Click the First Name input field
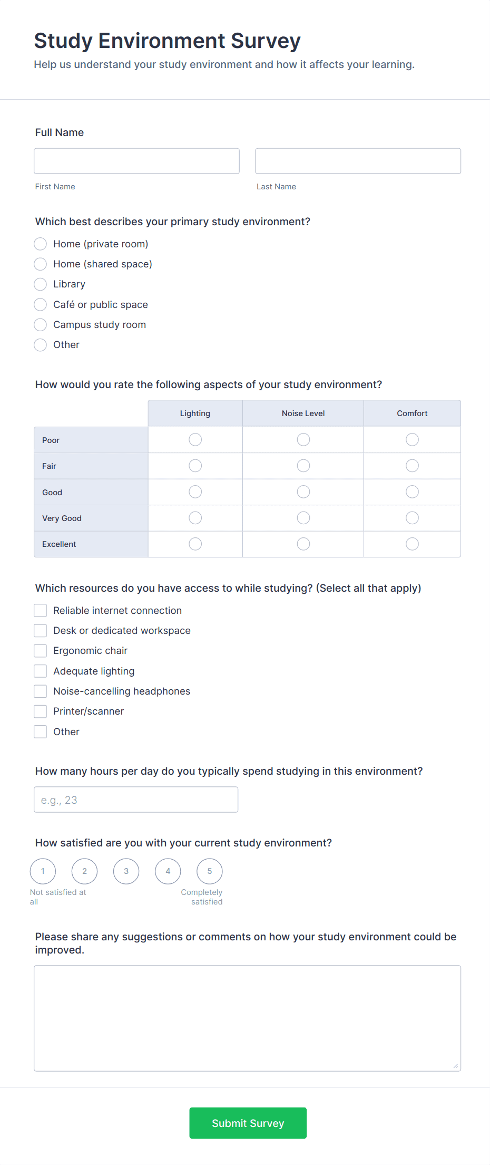(136, 161)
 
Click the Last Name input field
(358, 161)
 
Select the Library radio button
(41, 284)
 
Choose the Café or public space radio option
(41, 304)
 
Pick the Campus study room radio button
(41, 324)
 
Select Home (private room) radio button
(41, 244)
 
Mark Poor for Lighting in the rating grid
(195, 439)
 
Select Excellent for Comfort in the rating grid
(412, 544)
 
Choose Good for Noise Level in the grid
(303, 492)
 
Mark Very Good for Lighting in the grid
(195, 518)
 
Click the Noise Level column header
(303, 413)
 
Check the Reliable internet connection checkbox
(41, 610)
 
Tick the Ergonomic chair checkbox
(41, 651)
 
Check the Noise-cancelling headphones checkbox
(41, 691)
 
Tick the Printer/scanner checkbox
(41, 711)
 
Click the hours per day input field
(136, 800)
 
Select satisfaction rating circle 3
(126, 871)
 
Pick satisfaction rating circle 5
(210, 871)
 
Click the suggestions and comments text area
(247, 1018)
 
